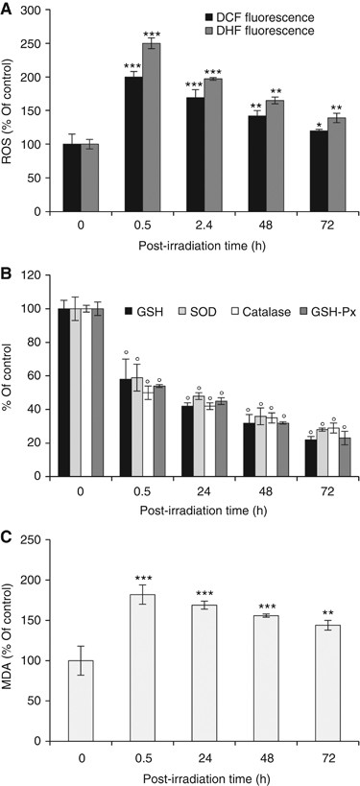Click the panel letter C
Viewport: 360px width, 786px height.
(x=8, y=536)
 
